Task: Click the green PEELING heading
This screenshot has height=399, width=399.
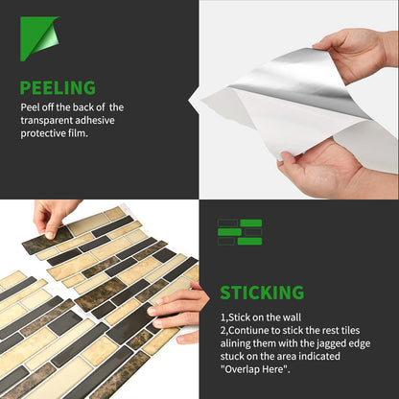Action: (x=58, y=87)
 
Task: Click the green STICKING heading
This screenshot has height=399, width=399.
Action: (x=262, y=293)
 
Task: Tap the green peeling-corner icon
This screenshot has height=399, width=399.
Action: (x=39, y=38)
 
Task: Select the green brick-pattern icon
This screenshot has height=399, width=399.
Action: (x=240, y=232)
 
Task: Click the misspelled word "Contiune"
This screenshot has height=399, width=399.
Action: (x=246, y=330)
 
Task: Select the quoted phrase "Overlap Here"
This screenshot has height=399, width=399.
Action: (x=255, y=369)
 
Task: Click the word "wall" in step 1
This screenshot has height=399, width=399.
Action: (x=292, y=317)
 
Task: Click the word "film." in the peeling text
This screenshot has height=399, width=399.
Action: (x=78, y=133)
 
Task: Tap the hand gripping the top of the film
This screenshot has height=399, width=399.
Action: (x=356, y=55)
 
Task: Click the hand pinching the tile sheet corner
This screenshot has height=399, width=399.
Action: (x=56, y=218)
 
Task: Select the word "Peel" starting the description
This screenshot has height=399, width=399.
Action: (x=30, y=107)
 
